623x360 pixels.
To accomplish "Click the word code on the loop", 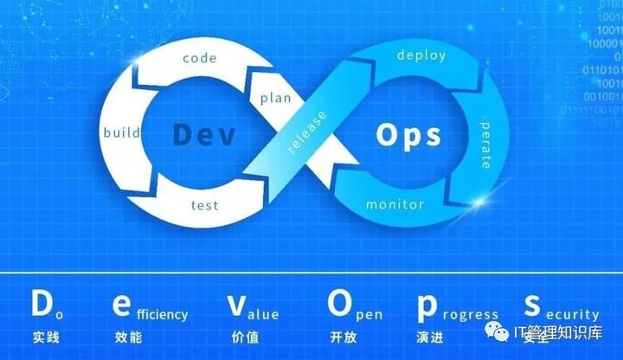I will pyautogui.click(x=198, y=59).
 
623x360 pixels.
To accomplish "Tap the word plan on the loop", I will pyautogui.click(x=274, y=97).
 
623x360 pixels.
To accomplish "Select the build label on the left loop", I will pyautogui.click(x=122, y=133).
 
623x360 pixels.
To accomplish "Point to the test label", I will pyautogui.click(x=204, y=205).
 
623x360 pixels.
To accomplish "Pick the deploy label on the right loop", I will pyautogui.click(x=421, y=55).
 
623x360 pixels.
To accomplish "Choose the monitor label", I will pyautogui.click(x=395, y=205).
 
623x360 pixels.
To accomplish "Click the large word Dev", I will pyautogui.click(x=204, y=135).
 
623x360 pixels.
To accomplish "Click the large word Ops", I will pyautogui.click(x=409, y=135).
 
